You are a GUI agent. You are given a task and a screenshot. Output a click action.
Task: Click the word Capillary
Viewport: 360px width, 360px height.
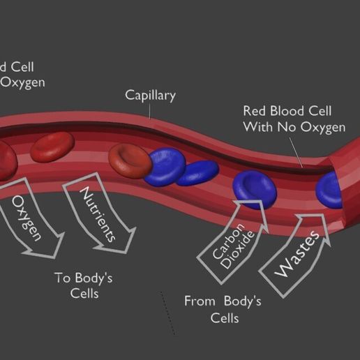coord(150,95)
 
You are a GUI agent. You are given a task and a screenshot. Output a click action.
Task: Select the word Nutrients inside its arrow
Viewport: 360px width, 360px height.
coord(97,213)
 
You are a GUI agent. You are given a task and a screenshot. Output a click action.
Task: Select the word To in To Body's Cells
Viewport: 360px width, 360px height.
coord(62,278)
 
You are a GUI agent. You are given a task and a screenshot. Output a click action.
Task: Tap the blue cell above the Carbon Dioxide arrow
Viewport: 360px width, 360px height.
coord(253,184)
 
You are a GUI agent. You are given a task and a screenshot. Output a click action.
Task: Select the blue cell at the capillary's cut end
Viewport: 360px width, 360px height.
coord(331,189)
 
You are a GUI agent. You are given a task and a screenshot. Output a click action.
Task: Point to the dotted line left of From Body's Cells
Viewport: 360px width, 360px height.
coord(167,311)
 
